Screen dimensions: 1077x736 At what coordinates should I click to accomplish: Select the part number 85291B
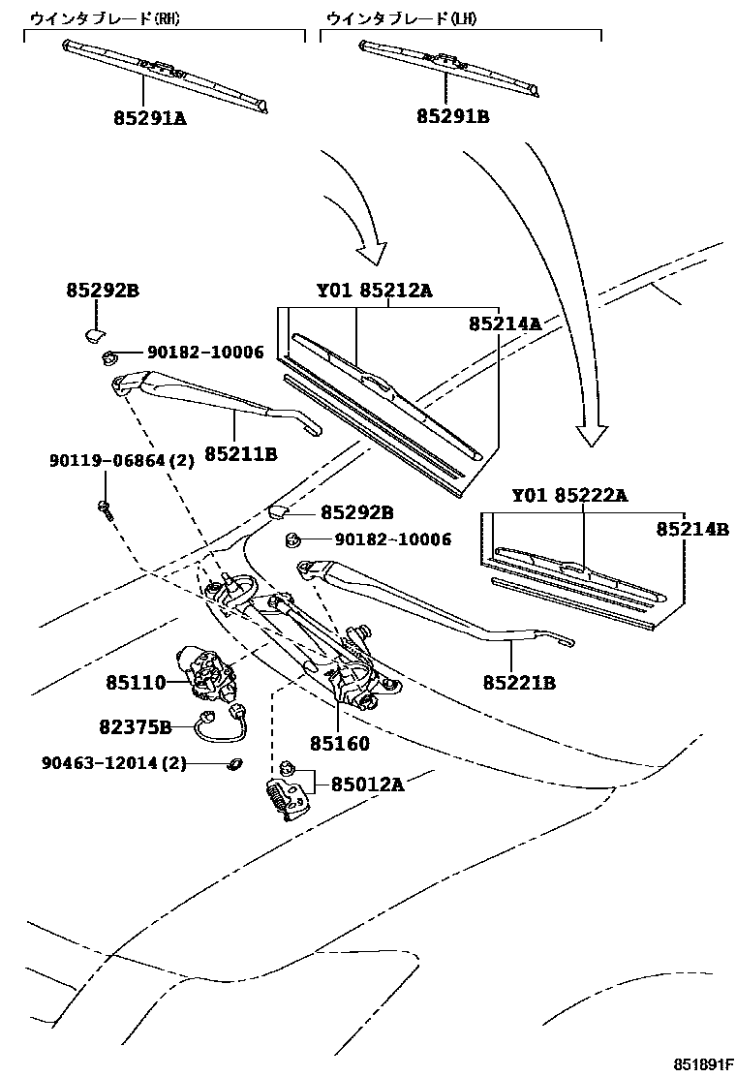pos(453,116)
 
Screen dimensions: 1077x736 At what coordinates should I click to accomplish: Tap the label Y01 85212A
pos(375,290)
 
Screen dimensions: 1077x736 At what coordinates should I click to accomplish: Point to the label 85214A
pos(506,324)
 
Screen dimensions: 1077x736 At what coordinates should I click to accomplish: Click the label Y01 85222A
pos(570,496)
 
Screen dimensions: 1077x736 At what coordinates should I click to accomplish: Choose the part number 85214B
pos(691,529)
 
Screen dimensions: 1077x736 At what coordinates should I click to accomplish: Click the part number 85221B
pos(519,683)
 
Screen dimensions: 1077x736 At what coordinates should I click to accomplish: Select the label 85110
pos(137,684)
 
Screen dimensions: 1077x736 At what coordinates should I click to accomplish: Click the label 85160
pos(340,744)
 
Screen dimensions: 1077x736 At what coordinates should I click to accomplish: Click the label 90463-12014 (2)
pos(113,763)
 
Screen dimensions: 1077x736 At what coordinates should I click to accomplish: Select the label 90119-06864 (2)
pos(122,461)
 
